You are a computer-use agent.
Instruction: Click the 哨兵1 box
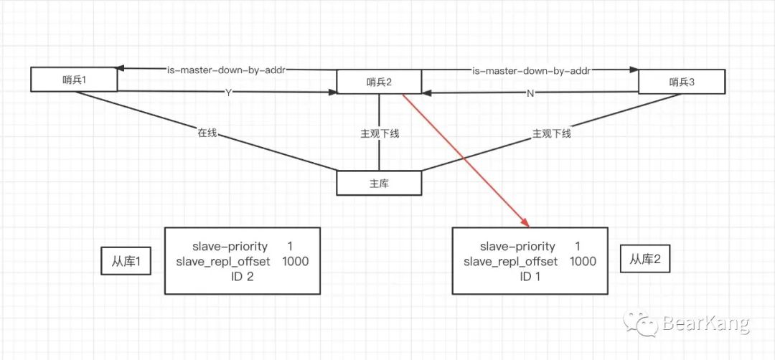click(74, 80)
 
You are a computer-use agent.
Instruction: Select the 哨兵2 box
click(379, 82)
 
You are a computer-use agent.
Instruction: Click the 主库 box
click(379, 183)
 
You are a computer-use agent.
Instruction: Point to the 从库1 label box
click(126, 263)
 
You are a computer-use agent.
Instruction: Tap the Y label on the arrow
click(229, 92)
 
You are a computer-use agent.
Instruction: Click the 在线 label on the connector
click(207, 133)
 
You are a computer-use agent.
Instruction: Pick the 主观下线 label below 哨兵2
click(380, 133)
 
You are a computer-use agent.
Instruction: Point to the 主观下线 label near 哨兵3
click(552, 133)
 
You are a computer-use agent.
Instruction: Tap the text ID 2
click(242, 277)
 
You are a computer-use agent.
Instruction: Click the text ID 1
click(530, 277)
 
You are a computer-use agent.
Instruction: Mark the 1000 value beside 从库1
click(296, 262)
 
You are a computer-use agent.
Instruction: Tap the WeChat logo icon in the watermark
click(640, 325)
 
